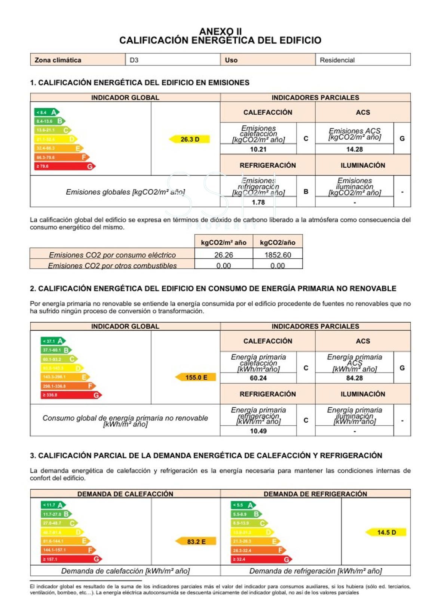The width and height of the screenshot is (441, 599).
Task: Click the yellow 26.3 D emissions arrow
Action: [x=190, y=139]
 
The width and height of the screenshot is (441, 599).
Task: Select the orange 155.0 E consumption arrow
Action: [x=196, y=377]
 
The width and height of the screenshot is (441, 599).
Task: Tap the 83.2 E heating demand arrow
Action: [x=196, y=541]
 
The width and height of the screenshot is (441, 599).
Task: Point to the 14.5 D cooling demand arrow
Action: [x=386, y=532]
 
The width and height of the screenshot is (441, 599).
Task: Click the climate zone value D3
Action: [x=134, y=60]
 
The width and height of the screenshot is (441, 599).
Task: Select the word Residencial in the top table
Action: [x=337, y=60]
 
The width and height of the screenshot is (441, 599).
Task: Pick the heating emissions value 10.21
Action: [x=258, y=149]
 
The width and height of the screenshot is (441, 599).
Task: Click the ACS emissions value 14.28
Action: [x=354, y=149]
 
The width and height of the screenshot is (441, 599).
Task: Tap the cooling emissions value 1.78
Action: [x=258, y=202]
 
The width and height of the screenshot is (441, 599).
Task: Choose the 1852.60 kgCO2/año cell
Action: [x=278, y=255]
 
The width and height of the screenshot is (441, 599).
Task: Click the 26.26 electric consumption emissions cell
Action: [x=224, y=255]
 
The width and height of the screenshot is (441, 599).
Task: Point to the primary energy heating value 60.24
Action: [x=258, y=378]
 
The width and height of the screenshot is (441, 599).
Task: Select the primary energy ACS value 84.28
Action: [x=354, y=378]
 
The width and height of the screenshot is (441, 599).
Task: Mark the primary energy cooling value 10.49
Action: [x=258, y=431]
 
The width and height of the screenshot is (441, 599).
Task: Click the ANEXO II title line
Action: [x=220, y=31]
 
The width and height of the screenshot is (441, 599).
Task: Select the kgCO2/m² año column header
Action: [x=224, y=243]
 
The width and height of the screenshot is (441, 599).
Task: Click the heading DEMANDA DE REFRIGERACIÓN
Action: [x=315, y=494]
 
